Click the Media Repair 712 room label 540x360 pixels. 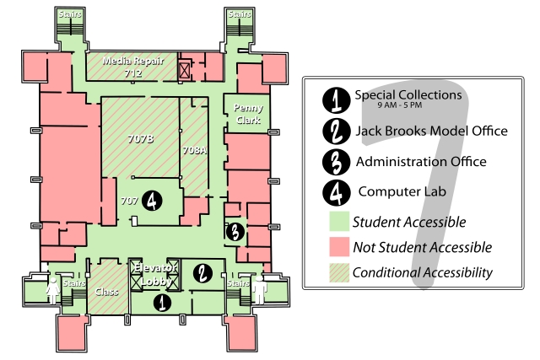click(x=132, y=67)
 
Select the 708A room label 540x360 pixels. click(x=194, y=149)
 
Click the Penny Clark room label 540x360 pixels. click(x=248, y=115)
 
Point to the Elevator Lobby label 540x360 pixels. click(x=154, y=274)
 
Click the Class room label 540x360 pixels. click(x=107, y=292)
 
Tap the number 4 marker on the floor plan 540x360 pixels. click(x=151, y=201)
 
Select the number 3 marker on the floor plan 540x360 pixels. click(x=235, y=230)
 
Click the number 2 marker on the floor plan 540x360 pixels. click(x=202, y=272)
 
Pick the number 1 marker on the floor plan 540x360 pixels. click(x=160, y=300)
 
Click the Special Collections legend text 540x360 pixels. click(x=408, y=95)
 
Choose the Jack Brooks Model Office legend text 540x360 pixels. click(x=431, y=131)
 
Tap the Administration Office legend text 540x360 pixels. click(x=421, y=161)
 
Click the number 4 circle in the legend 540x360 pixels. click(x=336, y=191)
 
